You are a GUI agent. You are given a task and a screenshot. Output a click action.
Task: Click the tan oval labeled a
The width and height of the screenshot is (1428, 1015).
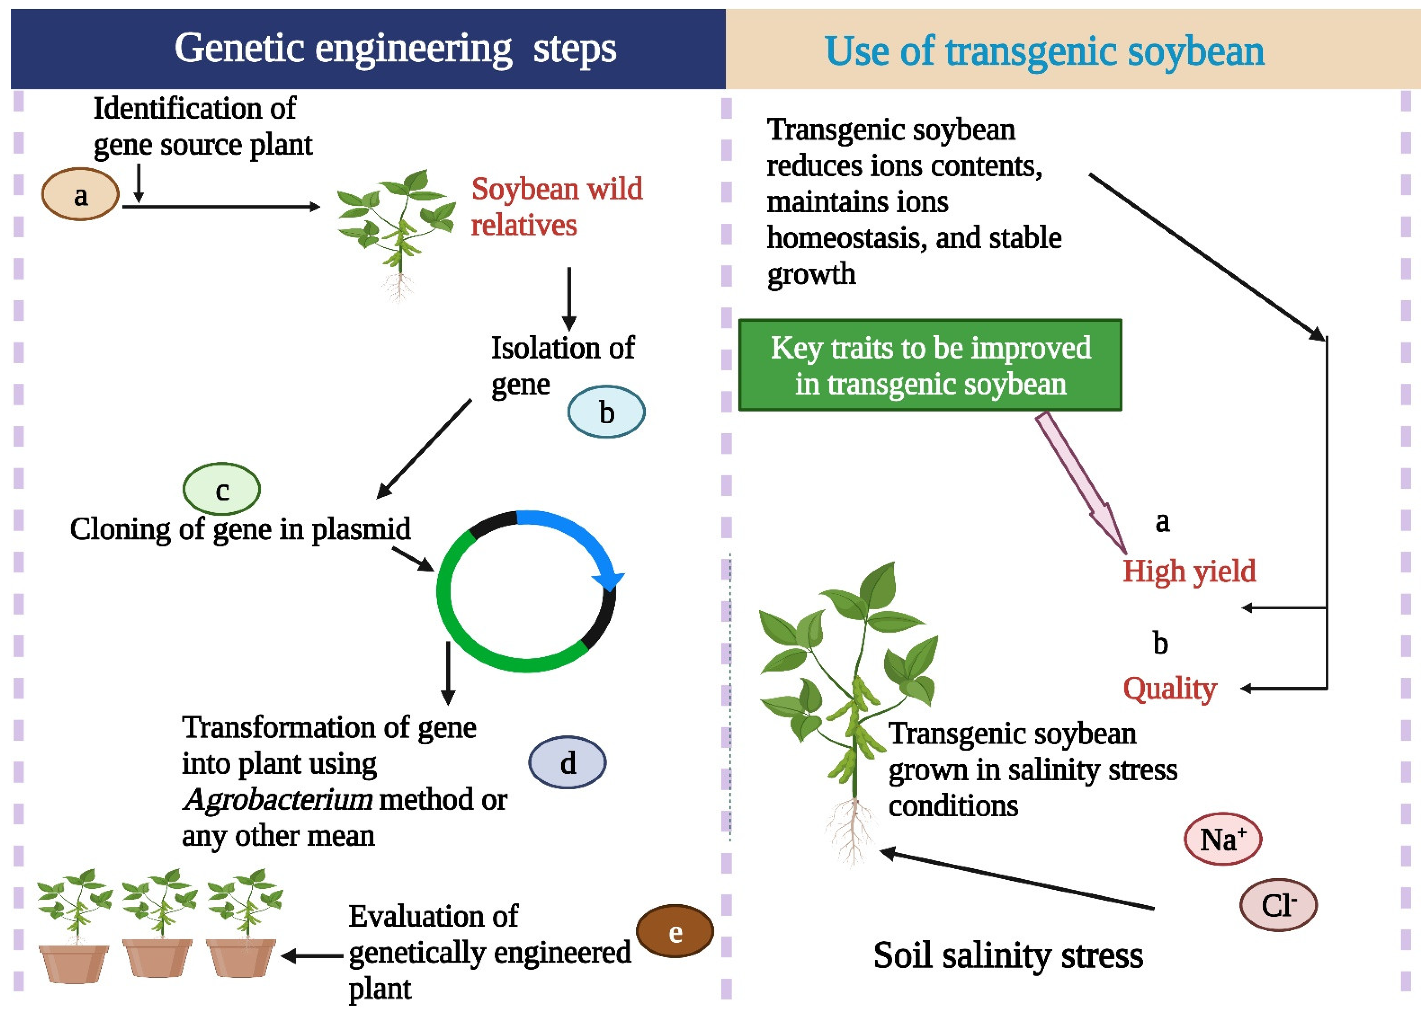80,194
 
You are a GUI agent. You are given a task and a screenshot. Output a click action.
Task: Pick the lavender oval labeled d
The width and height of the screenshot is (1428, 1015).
567,762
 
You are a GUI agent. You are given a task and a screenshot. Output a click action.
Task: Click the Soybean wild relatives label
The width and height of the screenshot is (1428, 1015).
556,207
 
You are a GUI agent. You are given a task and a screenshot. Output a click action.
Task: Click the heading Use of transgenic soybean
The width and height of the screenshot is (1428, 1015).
1044,51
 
